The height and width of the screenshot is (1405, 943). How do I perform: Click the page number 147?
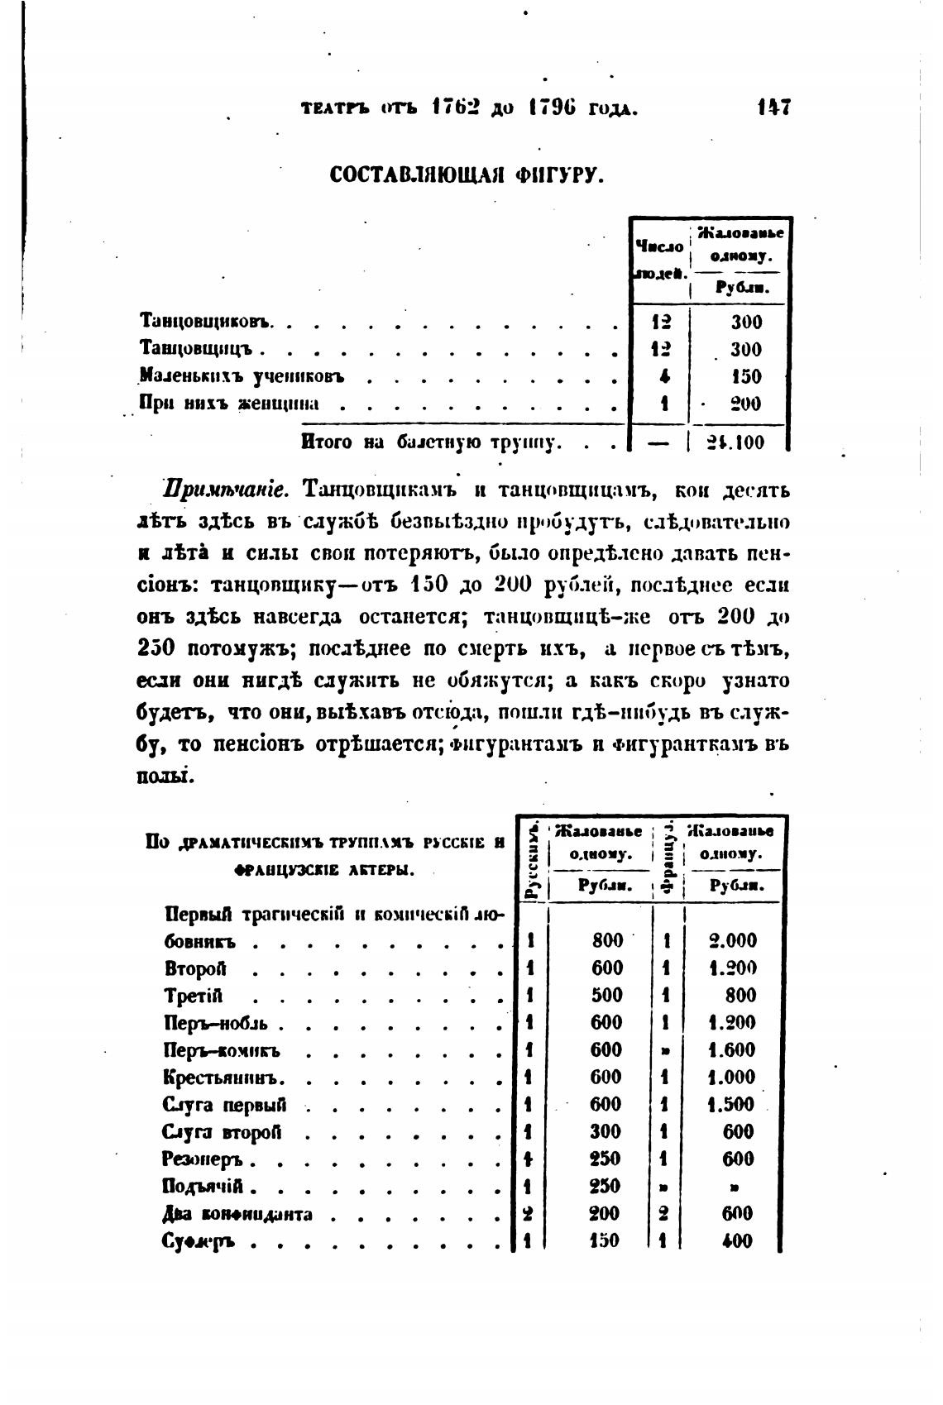tap(774, 108)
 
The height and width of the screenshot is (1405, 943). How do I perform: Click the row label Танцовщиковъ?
tap(208, 322)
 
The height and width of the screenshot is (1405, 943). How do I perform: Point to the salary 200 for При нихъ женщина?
tap(745, 404)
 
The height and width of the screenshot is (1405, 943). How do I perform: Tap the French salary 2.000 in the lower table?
tap(733, 940)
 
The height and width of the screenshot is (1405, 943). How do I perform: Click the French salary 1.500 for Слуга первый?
tap(732, 1105)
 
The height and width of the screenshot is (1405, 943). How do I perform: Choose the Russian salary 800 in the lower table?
tap(607, 940)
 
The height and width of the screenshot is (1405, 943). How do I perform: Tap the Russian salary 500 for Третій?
tap(607, 996)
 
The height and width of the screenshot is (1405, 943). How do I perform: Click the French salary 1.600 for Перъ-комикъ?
tap(732, 1050)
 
